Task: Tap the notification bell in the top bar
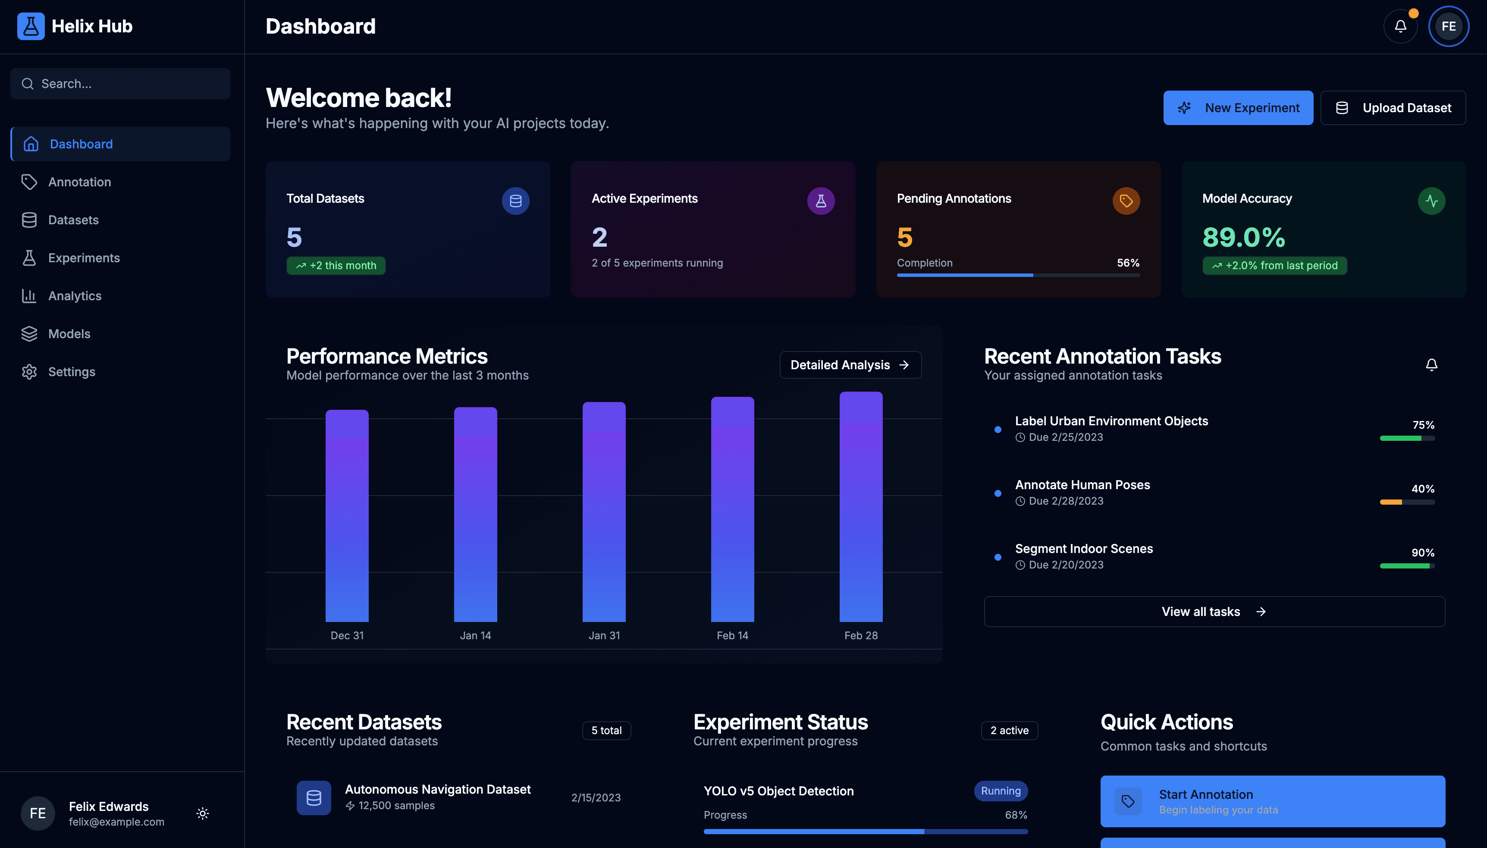(1400, 26)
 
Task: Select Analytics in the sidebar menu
(75, 296)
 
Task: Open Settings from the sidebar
(71, 371)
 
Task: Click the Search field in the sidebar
(120, 84)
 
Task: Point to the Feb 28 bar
(860, 507)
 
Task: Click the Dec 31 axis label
(347, 635)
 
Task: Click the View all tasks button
(1214, 612)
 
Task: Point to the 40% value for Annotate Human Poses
(1422, 489)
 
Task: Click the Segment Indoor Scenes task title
(1083, 549)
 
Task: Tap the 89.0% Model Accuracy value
(1244, 237)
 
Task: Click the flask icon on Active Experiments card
(820, 201)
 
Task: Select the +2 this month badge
(336, 266)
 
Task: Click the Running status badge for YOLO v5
(1000, 791)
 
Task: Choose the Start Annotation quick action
(1272, 801)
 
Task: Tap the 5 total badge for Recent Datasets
(606, 730)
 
